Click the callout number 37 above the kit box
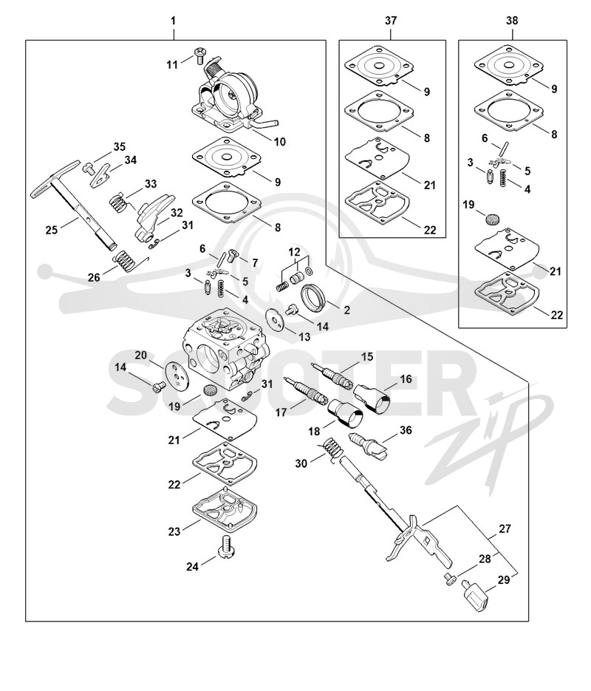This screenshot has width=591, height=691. (x=391, y=20)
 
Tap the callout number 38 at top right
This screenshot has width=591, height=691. (x=512, y=20)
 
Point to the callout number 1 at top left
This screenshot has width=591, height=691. (x=173, y=20)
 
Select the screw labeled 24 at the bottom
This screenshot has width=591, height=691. (x=228, y=545)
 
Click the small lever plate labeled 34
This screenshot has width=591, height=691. (x=101, y=174)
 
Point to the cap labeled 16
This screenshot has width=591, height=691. (x=372, y=397)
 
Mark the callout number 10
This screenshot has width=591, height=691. (x=280, y=141)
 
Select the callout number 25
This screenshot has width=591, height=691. (x=51, y=230)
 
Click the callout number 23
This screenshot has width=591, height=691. (x=174, y=531)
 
